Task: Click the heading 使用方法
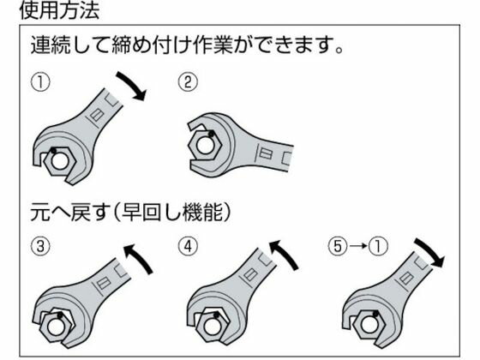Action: pos(59,10)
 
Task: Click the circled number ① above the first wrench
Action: pos(40,82)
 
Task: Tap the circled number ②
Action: pos(188,81)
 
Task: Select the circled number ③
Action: pos(40,246)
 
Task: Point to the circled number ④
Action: pos(188,246)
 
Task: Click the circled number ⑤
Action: pos(338,246)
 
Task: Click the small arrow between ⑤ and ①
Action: pos(357,246)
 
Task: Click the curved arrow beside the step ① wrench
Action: pos(132,85)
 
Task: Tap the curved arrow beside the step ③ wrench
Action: pos(138,256)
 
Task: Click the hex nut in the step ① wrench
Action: pos(59,161)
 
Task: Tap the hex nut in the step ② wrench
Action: pos(205,145)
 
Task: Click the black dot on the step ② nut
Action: pos(211,134)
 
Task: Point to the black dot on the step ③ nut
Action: pos(60,315)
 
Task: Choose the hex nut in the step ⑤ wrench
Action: pos(368,325)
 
